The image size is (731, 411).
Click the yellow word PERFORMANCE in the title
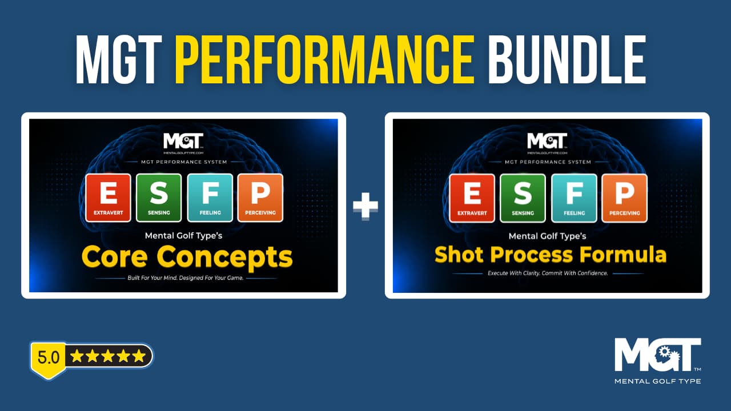(324, 59)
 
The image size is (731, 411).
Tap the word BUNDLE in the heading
(567, 59)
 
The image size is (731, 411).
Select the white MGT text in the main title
(119, 59)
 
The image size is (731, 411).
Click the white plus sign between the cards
(365, 205)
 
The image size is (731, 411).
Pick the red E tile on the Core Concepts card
(109, 198)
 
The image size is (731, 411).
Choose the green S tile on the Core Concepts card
(159, 198)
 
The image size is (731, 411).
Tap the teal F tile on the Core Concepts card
(210, 198)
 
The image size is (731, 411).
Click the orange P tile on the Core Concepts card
(260, 198)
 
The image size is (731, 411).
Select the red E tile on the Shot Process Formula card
(472, 198)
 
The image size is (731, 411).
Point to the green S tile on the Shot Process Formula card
(523, 198)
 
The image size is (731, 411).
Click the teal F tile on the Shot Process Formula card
(574, 198)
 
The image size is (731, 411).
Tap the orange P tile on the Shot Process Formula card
(625, 198)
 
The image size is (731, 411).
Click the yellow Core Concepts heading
(187, 257)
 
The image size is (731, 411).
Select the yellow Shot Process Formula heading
(550, 255)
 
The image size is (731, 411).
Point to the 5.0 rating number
(49, 357)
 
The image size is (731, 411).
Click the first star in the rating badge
(77, 356)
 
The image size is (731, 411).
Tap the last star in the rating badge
(139, 356)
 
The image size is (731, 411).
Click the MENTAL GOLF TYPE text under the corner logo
(657, 381)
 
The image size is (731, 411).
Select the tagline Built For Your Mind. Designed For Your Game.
(186, 278)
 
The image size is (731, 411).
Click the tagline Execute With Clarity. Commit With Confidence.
(548, 273)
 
